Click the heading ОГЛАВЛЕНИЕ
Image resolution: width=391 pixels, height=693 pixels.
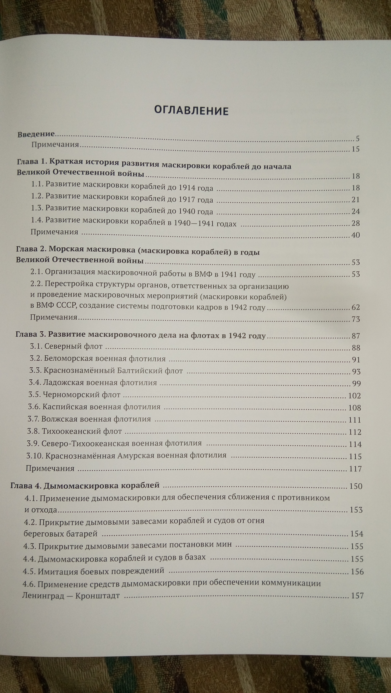tap(191, 110)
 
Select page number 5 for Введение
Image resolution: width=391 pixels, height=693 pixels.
tap(357, 139)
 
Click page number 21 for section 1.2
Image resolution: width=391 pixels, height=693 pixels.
tap(356, 200)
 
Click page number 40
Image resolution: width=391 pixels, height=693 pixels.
tap(356, 235)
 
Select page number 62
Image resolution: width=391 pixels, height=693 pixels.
tap(356, 307)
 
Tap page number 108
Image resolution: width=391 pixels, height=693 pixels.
tap(355, 408)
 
